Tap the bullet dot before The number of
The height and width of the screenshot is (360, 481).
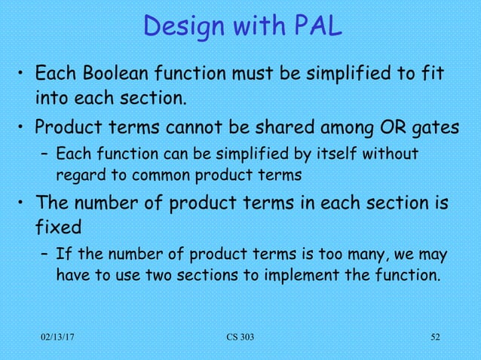click(23, 204)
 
